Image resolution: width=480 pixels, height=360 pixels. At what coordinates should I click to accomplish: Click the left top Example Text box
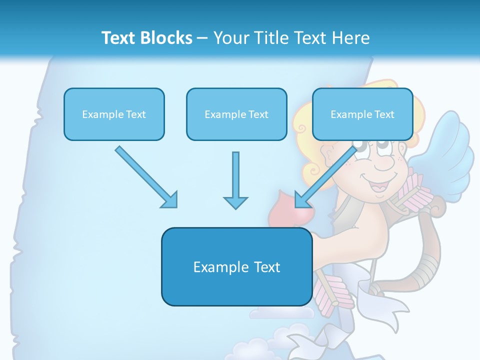pos(114,114)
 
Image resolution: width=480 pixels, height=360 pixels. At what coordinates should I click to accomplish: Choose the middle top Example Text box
pos(236,114)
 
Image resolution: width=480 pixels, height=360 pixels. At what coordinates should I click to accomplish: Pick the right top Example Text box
pos(362,114)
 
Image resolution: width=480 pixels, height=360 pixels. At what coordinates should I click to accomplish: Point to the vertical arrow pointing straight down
pos(235,180)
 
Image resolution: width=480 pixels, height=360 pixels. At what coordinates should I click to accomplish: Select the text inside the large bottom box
pos(236,267)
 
